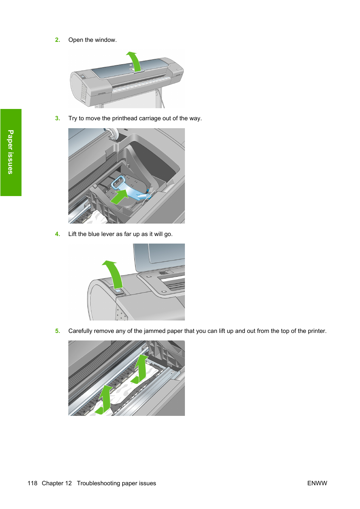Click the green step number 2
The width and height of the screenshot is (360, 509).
click(57, 40)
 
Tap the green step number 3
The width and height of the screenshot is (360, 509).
click(57, 118)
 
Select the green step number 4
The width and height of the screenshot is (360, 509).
click(57, 234)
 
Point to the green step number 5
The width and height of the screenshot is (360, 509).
click(57, 331)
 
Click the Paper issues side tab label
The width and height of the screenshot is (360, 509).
click(11, 152)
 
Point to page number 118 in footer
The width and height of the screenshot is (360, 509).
click(32, 483)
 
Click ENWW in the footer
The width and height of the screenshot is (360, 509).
click(317, 483)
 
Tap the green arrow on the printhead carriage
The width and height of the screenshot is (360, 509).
click(120, 196)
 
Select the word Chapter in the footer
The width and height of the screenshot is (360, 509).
click(57, 483)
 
